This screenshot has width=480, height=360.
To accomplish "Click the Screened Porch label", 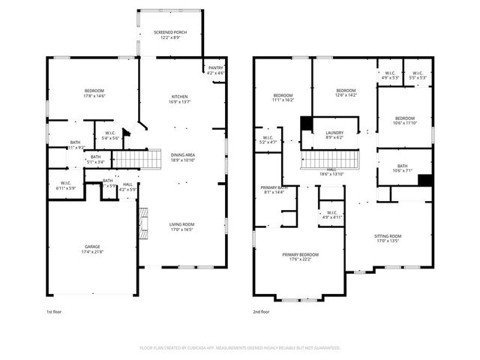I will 169,33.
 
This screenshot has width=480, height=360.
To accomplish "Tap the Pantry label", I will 215,67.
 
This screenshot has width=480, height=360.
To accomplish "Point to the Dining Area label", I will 183,155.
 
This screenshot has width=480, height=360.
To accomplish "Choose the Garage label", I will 93,247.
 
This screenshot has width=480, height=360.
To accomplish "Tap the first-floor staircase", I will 127,159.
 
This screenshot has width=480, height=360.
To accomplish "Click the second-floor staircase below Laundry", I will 331,160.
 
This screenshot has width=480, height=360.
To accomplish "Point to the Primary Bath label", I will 274,187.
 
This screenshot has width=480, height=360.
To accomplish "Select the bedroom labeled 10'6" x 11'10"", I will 404,118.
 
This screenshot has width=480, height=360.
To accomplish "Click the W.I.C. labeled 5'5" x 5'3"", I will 418,73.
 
